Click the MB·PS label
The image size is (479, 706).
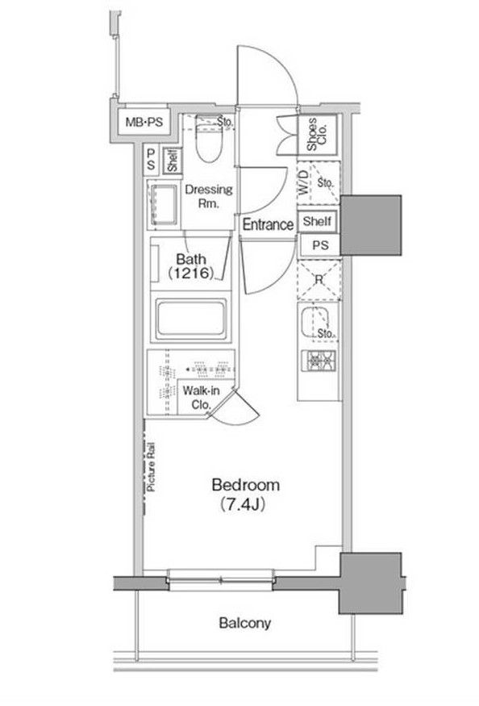(x=144, y=122)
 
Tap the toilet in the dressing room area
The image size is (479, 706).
(x=210, y=140)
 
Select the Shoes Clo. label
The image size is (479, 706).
(x=317, y=134)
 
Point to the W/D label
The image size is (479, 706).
(x=304, y=182)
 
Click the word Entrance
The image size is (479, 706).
(x=269, y=224)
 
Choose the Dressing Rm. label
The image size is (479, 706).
(x=209, y=196)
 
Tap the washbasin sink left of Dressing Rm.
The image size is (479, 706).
(x=163, y=204)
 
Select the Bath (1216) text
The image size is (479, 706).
(x=191, y=266)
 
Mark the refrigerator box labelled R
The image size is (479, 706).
(x=319, y=280)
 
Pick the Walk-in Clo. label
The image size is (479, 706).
(x=201, y=398)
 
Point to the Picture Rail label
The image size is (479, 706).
(x=151, y=467)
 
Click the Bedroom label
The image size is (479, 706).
(x=245, y=485)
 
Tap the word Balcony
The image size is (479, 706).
(x=245, y=623)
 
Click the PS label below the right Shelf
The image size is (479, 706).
(x=320, y=245)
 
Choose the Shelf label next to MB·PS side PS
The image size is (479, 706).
(x=173, y=161)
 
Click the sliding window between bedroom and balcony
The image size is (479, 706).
(x=221, y=580)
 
